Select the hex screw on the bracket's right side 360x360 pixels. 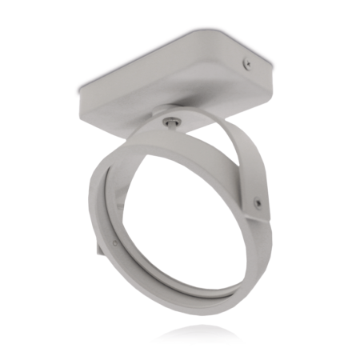click(257, 202)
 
